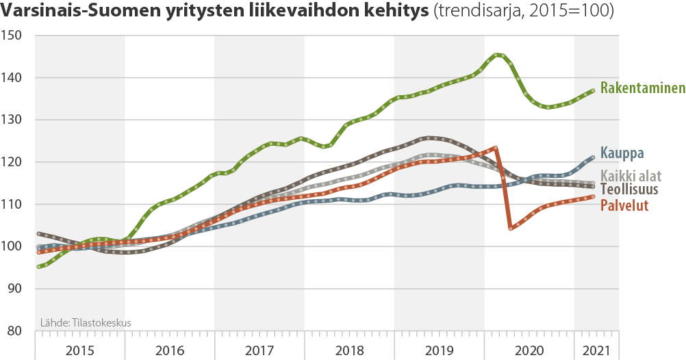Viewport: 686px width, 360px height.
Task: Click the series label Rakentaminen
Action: (642, 88)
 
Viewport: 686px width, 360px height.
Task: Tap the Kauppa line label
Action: (622, 153)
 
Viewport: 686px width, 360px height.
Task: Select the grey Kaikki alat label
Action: (631, 175)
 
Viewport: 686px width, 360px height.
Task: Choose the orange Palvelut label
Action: (624, 205)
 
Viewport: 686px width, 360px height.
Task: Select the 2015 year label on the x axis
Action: (80, 350)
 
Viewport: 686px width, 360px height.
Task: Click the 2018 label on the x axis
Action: (349, 350)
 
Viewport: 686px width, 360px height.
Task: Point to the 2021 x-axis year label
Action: (596, 350)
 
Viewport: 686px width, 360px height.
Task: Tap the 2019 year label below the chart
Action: (439, 350)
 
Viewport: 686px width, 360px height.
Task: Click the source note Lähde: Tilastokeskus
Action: (86, 322)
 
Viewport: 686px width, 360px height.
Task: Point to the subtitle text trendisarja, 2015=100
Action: (524, 12)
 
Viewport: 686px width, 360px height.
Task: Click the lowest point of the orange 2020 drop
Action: (511, 228)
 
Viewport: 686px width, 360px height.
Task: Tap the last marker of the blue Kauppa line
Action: (592, 157)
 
